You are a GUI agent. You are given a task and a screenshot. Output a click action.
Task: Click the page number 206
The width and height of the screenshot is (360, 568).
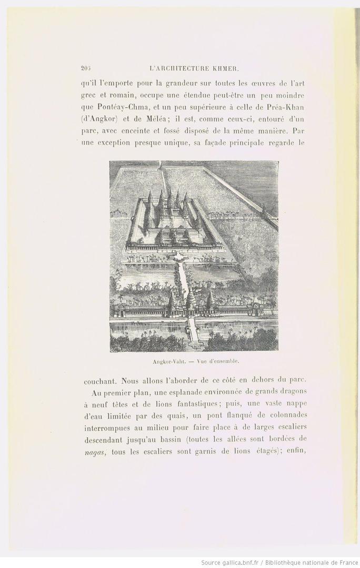[x=86, y=68]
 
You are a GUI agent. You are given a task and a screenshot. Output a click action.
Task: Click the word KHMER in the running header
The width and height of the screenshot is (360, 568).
[x=227, y=68]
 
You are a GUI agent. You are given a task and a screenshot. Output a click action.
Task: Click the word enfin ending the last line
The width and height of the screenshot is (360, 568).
[x=296, y=451]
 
